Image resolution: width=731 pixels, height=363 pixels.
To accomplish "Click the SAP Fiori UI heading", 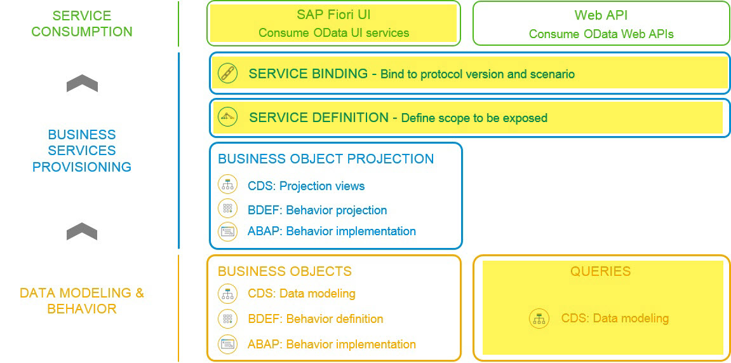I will click(333, 15).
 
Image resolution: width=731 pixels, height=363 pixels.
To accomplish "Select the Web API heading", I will click(601, 15).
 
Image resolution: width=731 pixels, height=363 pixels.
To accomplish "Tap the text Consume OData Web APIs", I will click(601, 34).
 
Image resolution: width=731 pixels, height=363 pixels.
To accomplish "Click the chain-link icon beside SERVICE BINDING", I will click(227, 74).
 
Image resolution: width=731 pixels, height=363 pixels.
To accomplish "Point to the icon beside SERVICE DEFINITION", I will click(227, 117).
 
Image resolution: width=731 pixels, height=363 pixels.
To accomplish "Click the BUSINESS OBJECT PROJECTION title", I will click(326, 159).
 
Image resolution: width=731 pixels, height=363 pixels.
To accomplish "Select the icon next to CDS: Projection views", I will click(227, 185).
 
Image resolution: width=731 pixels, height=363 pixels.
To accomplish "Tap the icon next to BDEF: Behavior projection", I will click(227, 209).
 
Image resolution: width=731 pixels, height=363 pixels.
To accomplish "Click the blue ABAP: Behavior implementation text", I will click(332, 231).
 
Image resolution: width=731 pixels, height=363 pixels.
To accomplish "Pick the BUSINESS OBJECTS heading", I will click(285, 271).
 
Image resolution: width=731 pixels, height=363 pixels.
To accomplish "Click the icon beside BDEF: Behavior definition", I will click(227, 318).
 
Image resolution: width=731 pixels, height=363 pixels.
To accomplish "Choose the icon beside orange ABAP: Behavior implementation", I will click(227, 344).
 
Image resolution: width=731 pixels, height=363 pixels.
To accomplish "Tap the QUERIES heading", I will click(600, 271).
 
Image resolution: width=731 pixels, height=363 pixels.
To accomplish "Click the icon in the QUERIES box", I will click(539, 318).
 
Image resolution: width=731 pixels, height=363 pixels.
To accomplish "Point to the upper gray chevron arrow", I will click(82, 83).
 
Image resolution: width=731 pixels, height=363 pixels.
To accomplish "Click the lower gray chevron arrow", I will click(82, 232).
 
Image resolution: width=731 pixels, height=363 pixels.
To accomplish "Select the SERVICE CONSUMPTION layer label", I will click(82, 24).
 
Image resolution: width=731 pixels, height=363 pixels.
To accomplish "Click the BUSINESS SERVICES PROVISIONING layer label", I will click(82, 151).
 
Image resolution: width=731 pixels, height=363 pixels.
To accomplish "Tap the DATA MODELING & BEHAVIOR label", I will click(82, 301).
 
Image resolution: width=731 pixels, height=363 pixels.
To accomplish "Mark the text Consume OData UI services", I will click(333, 33).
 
